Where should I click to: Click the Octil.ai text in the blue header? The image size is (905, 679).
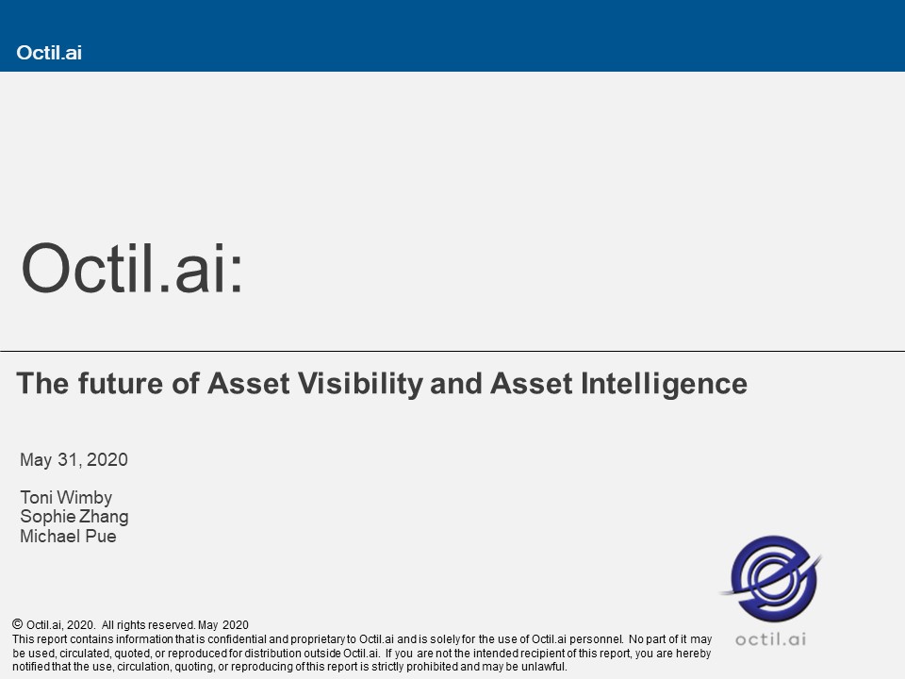point(49,53)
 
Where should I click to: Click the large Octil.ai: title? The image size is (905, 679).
point(132,269)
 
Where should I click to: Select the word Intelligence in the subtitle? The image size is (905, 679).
point(664,385)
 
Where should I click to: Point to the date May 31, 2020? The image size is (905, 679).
point(74,459)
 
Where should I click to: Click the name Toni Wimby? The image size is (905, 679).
point(66,498)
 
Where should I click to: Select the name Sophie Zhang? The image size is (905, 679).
point(74,517)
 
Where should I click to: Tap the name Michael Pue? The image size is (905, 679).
point(68,537)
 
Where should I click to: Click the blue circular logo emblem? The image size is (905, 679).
point(773,577)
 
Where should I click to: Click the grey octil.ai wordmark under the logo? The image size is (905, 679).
point(770,639)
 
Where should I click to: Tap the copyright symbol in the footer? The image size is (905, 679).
point(17,624)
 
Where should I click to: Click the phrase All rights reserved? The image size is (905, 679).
point(148,624)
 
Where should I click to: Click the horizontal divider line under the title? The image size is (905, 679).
point(452,351)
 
